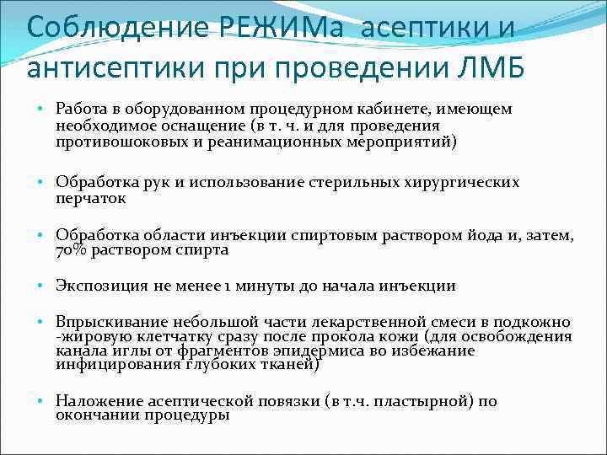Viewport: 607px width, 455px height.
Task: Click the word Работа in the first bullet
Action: pos(81,110)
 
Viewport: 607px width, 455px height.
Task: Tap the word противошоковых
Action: pos(116,142)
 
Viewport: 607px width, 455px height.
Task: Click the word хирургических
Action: pos(463,182)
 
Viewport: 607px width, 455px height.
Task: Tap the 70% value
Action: pos(72,250)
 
